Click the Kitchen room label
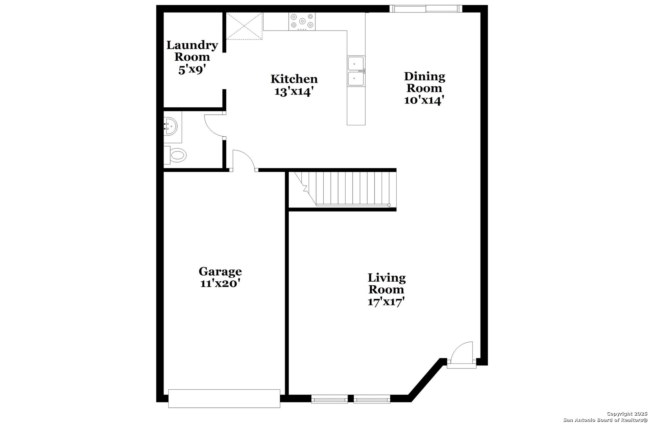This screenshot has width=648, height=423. (x=294, y=79)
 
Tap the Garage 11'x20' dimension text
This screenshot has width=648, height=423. (x=220, y=284)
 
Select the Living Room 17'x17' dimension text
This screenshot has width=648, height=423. (x=386, y=302)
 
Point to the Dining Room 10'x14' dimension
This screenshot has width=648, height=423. (x=424, y=101)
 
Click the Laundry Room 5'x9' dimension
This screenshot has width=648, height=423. (x=192, y=70)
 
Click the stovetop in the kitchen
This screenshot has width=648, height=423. (x=302, y=21)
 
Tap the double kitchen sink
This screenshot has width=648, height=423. (x=356, y=71)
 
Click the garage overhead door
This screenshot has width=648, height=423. (x=224, y=398)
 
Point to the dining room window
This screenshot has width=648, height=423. (x=426, y=9)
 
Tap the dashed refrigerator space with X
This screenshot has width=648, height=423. (x=244, y=26)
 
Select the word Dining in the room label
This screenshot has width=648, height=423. (x=424, y=76)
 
